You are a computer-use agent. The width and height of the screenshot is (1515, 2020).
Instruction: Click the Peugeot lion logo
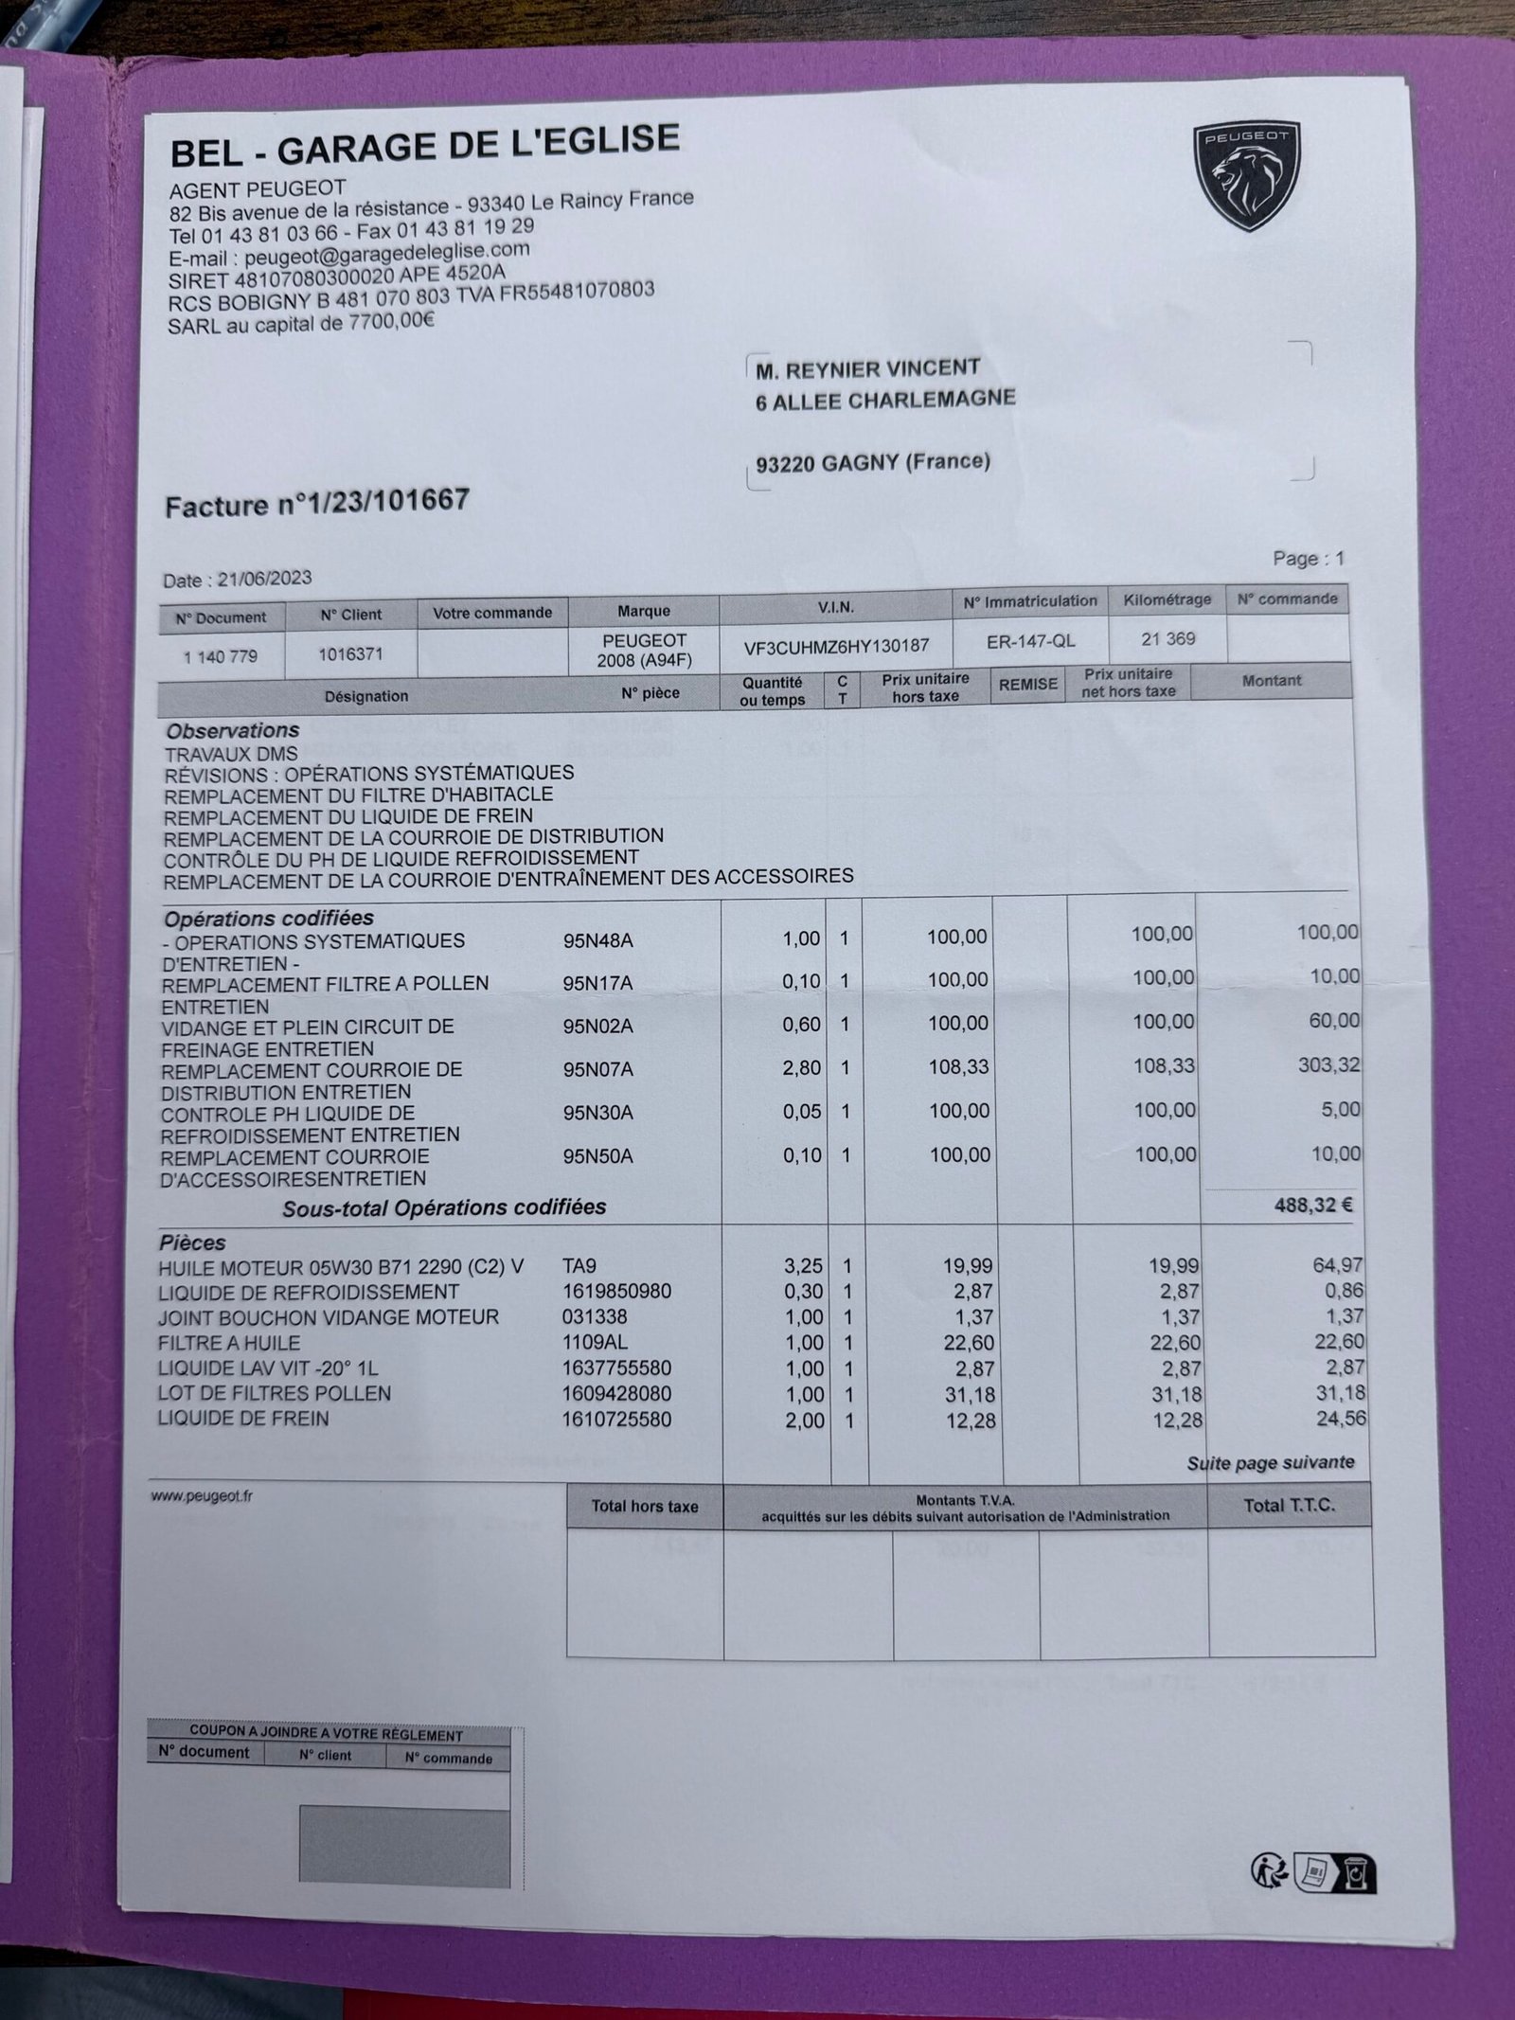click(x=1245, y=176)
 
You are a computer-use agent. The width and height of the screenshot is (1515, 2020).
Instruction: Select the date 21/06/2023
click(x=264, y=579)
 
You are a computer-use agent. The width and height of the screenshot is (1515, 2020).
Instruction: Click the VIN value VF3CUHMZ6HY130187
click(x=834, y=646)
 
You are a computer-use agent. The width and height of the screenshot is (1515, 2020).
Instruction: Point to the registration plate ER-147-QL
click(x=1030, y=641)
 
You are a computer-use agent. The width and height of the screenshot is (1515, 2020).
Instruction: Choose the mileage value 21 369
click(x=1167, y=639)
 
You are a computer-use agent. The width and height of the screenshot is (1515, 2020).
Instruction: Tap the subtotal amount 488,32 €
click(x=1312, y=1205)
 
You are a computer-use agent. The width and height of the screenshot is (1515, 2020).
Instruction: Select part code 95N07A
click(x=597, y=1069)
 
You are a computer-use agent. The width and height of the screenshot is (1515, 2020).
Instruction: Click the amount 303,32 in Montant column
click(x=1328, y=1065)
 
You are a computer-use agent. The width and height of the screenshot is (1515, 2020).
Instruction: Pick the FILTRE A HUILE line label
click(x=230, y=1343)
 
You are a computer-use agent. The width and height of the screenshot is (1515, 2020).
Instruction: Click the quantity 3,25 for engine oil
click(x=802, y=1266)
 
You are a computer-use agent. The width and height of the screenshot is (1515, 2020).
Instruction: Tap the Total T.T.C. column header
click(x=1289, y=1506)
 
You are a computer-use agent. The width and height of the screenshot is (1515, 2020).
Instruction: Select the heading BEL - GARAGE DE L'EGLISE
click(x=424, y=146)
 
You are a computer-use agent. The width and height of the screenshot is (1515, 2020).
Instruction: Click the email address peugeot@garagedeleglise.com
click(x=386, y=253)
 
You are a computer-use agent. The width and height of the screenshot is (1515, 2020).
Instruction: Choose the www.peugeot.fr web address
click(x=202, y=1496)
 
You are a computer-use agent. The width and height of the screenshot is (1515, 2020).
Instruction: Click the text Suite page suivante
click(x=1270, y=1463)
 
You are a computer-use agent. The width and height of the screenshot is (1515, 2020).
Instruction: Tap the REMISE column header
click(x=1027, y=684)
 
